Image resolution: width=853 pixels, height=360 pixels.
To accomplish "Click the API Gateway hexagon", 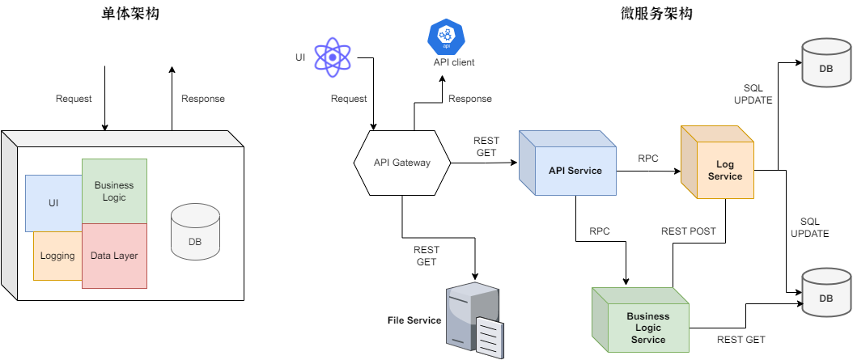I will pos(401,163).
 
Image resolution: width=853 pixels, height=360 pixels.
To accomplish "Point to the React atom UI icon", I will pos(332,57).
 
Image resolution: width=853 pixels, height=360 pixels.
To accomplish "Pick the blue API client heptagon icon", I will pos(443,36).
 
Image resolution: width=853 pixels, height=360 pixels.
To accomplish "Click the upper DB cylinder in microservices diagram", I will pos(826,63).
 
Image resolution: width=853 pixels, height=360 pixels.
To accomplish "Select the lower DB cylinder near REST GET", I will pos(826,293).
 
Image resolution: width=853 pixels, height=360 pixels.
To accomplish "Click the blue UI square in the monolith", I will pos(53,203).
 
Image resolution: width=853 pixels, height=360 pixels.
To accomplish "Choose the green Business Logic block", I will pos(114,191).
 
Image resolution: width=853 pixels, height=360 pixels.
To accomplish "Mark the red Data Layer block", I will pos(114,256).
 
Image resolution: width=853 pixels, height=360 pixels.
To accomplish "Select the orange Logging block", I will pos(57,256).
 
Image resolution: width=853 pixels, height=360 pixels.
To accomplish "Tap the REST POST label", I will pos(688,231).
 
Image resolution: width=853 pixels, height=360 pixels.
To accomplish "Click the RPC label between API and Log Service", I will pos(648,159).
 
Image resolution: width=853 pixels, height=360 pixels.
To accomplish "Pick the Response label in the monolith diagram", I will pos(202,99).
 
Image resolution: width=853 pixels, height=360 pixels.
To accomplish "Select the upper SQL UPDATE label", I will pos(753,94).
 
